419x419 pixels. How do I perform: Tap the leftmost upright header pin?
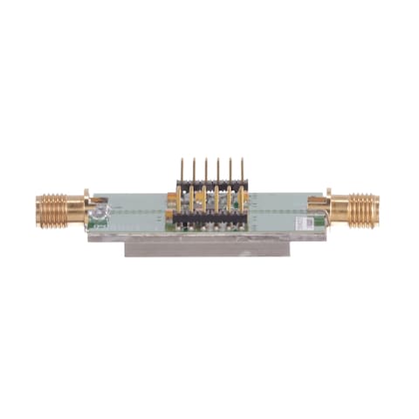[182, 170]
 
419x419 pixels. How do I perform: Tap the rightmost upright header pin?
[241, 170]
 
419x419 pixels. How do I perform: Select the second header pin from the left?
[194, 170]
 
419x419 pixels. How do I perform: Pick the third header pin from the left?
[206, 170]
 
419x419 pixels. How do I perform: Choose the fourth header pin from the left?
[218, 170]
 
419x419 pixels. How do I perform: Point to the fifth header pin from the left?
[230, 170]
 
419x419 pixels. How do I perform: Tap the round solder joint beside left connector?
[101, 210]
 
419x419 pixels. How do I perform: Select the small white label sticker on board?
[305, 223]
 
